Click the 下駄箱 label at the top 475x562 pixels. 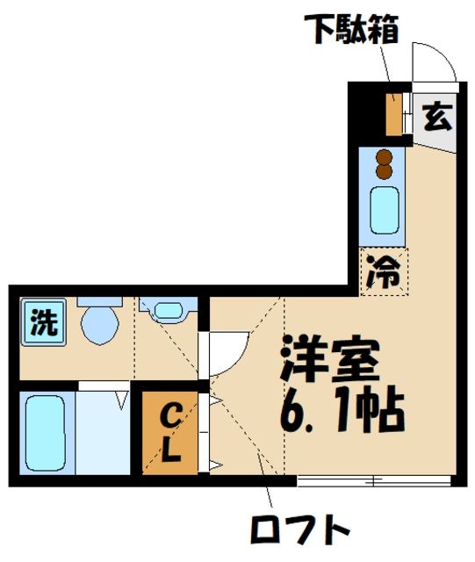tap(352, 29)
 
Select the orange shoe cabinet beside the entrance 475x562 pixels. tap(394, 113)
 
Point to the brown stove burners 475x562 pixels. tap(384, 162)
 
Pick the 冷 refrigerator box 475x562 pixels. tap(385, 271)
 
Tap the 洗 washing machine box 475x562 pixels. tap(42, 323)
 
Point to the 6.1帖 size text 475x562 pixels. tap(341, 407)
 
